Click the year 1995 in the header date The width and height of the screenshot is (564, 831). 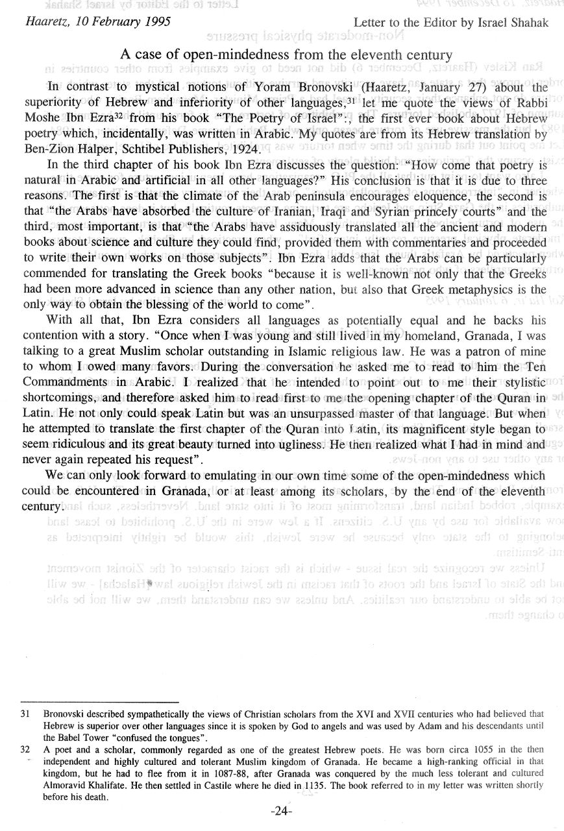156,22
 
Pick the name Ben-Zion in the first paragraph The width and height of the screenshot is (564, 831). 67,149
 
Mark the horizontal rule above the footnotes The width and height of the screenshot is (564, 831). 99,702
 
